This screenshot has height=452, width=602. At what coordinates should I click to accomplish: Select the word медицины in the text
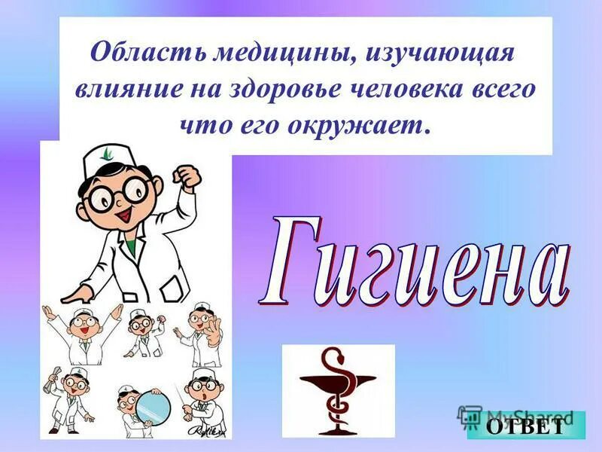(254, 55)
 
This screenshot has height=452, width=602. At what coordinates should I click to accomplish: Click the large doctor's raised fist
(186, 177)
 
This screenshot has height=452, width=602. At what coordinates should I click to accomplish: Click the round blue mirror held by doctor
(154, 407)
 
